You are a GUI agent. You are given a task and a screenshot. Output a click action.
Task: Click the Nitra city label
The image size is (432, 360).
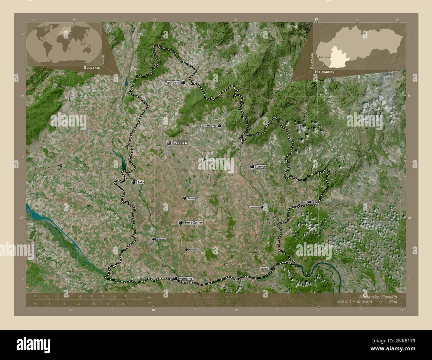(180, 143)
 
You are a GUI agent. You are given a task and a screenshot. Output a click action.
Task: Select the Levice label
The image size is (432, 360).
(261, 166)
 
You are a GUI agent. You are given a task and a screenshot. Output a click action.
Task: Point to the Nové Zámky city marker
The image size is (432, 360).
(180, 223)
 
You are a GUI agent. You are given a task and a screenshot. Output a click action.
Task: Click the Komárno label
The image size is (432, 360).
(185, 278)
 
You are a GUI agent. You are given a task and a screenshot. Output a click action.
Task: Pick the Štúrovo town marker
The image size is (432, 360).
(271, 268)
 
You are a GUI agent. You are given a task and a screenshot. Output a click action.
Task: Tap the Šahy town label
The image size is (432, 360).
(304, 202)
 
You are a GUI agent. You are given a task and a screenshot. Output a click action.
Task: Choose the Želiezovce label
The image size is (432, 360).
(254, 207)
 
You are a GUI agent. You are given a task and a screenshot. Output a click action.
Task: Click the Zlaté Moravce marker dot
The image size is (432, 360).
(219, 126)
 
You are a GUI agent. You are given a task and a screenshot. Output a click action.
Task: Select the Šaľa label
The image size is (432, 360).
(140, 182)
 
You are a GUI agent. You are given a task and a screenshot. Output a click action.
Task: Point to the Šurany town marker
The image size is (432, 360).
(184, 198)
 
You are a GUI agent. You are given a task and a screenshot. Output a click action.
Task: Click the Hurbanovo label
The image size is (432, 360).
(194, 249)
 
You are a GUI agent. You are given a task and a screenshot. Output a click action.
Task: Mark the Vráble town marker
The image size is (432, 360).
(204, 160)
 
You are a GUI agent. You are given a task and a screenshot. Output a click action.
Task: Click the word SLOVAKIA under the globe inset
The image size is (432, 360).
(88, 67)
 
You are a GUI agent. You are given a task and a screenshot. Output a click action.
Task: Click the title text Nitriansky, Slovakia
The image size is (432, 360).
(378, 296)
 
